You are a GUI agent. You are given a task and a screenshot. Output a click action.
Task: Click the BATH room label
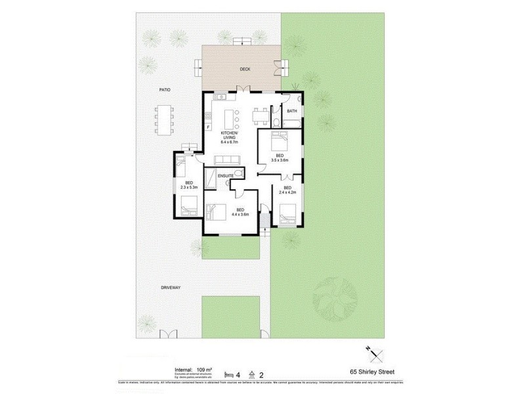[292, 111]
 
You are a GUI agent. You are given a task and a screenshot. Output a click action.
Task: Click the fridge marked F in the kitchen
[207, 126]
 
